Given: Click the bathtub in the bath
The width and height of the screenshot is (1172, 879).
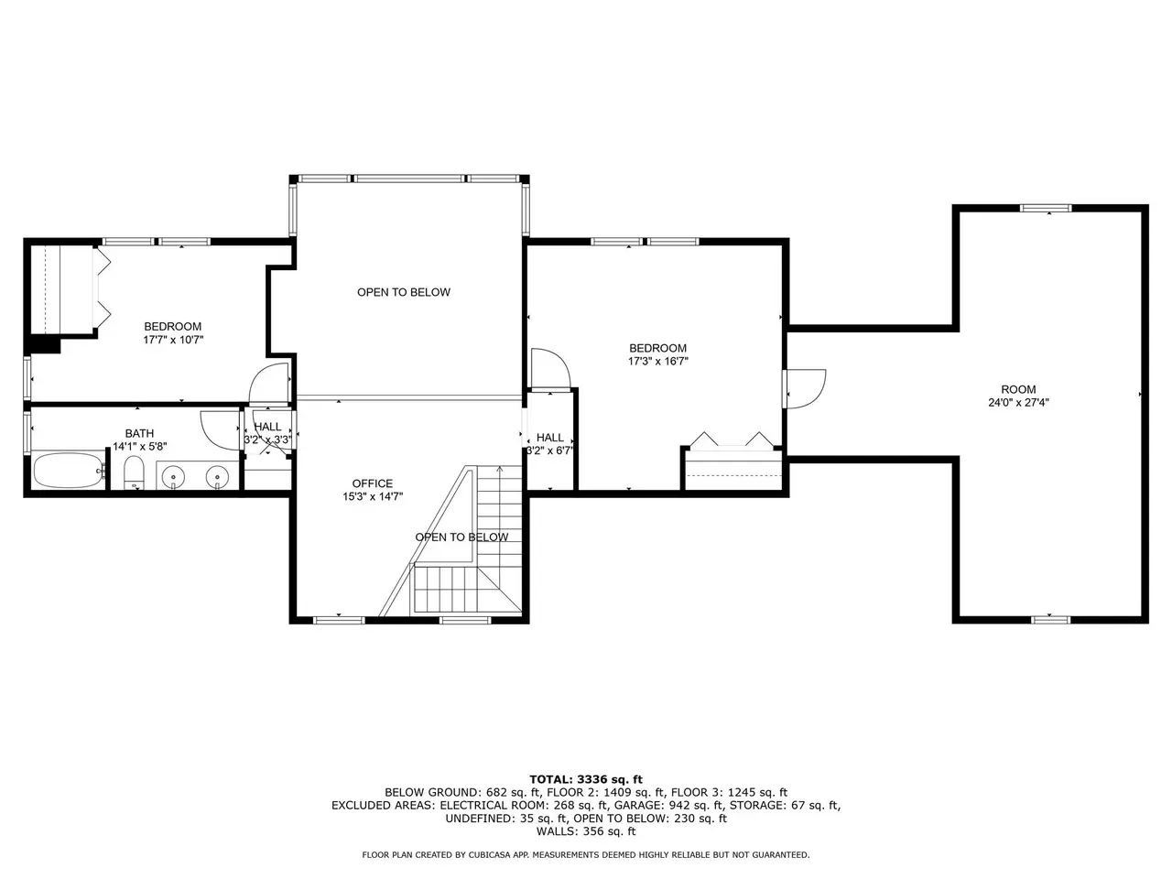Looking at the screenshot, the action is coord(70,471).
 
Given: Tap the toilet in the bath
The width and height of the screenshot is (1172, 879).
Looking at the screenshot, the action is coord(134,472).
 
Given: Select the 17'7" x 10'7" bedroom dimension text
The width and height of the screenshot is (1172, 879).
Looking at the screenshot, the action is coord(173,340).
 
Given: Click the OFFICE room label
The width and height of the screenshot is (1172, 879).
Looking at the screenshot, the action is coord(372,483).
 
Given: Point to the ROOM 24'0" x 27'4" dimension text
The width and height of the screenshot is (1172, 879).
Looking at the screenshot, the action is coord(1018,402).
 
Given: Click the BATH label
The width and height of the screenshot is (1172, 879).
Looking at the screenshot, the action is coord(139,433).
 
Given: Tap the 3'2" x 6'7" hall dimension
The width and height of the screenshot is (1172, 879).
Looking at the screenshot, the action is coord(550,450).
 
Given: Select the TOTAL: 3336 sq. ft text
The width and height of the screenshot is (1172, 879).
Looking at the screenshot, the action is coord(586,779).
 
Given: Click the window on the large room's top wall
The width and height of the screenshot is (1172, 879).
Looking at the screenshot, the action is coord(1046,208).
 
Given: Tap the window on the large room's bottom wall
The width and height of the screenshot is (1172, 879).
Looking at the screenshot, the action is coord(1050,620).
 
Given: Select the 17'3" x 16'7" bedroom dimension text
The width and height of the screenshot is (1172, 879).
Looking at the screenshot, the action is coord(657,362).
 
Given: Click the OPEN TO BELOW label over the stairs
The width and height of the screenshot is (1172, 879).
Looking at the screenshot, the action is coord(461,537).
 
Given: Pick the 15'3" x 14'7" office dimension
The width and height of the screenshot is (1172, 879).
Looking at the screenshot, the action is coord(372,496).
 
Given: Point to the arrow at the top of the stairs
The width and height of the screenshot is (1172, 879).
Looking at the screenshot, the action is coord(499,469).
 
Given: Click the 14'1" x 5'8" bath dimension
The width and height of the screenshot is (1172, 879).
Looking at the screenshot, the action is coord(139,446).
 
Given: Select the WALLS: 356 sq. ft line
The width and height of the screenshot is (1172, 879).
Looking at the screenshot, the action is coord(586,831).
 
